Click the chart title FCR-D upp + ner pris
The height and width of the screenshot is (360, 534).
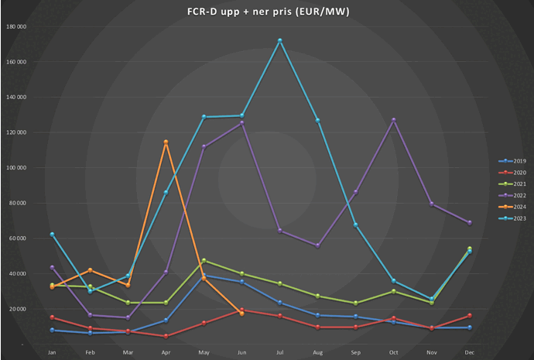[x=267, y=12]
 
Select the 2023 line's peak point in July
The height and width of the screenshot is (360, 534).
[x=279, y=40]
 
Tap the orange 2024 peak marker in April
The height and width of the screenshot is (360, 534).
[x=166, y=142]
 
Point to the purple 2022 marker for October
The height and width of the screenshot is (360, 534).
[x=394, y=120]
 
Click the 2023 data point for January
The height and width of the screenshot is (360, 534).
[x=52, y=234]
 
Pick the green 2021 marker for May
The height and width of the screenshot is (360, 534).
[x=204, y=260]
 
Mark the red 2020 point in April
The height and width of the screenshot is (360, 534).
[x=166, y=336]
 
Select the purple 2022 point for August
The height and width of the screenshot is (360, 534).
[x=317, y=245]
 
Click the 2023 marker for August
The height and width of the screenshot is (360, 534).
[x=317, y=120]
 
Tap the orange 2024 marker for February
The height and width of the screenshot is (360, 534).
[x=90, y=269]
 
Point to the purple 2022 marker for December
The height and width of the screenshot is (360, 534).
[x=470, y=223]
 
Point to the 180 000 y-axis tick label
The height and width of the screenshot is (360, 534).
[x=17, y=26]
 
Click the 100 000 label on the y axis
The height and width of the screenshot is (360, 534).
[x=17, y=167]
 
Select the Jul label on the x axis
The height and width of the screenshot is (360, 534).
[x=279, y=352]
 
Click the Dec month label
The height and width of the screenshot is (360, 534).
[x=470, y=352]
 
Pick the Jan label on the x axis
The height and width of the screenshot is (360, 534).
[x=52, y=352]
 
